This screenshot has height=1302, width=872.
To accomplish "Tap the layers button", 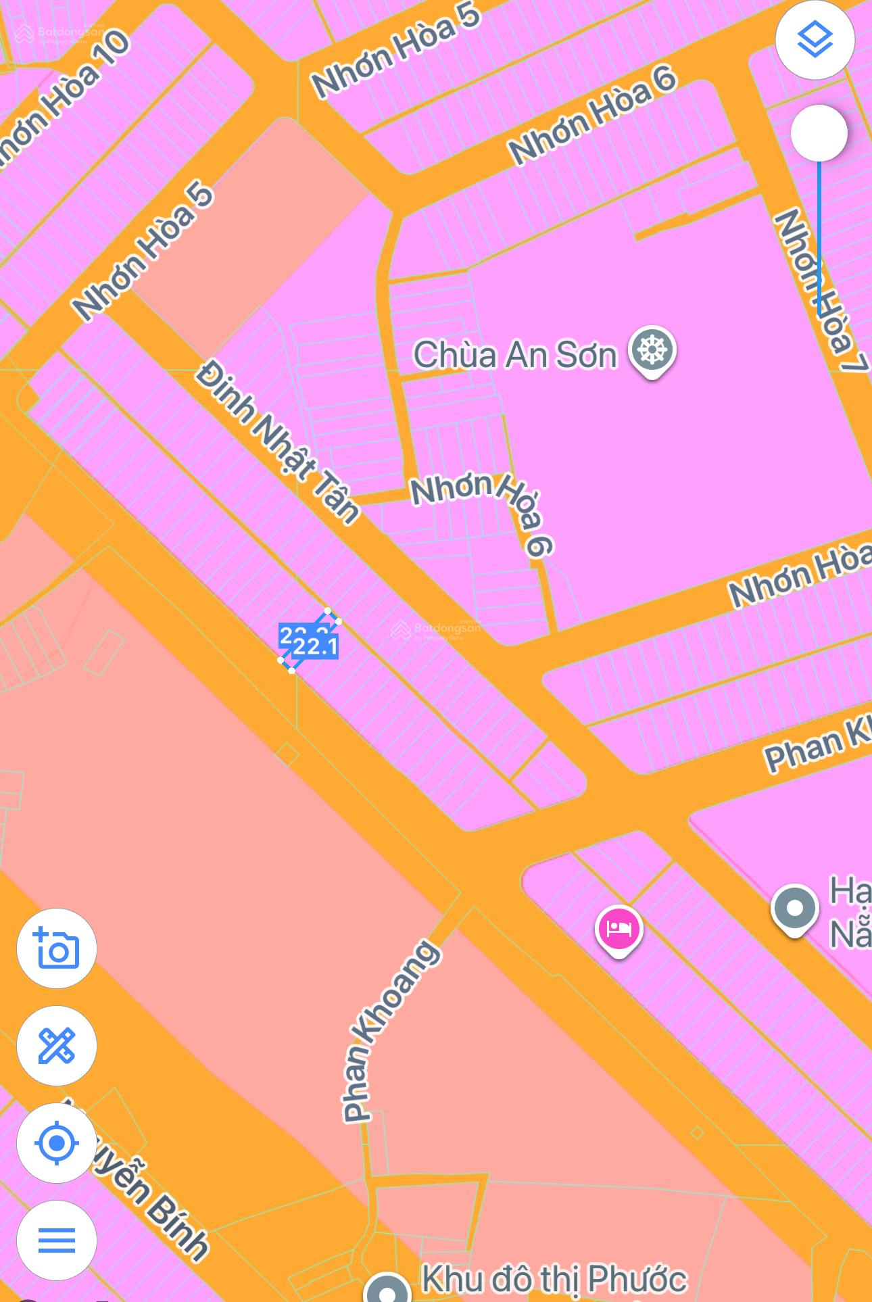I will (x=815, y=40).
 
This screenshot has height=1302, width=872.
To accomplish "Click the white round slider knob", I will (x=819, y=133).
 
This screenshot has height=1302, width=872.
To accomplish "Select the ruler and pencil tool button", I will (x=57, y=1046).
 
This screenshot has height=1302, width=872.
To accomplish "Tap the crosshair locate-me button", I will (x=57, y=1143).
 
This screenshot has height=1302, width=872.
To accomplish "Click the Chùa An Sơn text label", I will (x=514, y=355).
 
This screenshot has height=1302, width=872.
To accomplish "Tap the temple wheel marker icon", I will (x=652, y=350).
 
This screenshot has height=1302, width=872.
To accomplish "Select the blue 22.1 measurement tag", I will (x=316, y=647).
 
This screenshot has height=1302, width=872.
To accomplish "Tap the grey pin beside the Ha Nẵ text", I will (x=795, y=909).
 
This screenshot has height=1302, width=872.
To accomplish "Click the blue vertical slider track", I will (x=819, y=237).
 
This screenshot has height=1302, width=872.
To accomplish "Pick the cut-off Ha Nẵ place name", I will (x=850, y=913).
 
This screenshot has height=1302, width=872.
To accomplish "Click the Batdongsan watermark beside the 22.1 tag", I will (x=437, y=630).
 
